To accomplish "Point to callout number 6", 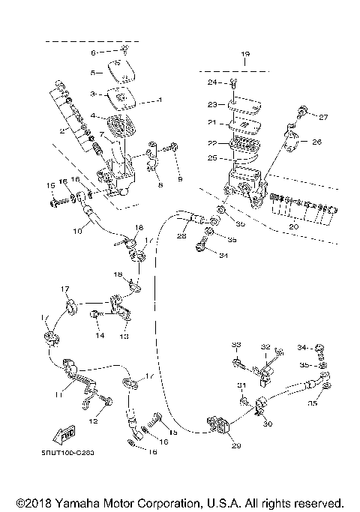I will (x=94, y=52).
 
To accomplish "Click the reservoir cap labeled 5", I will (x=121, y=70).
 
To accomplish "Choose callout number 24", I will (x=212, y=81).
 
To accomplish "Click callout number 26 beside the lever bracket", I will (x=316, y=141).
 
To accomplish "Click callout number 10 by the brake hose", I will (x=76, y=232).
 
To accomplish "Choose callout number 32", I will (x=265, y=347).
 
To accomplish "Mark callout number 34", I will (x=301, y=347).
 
